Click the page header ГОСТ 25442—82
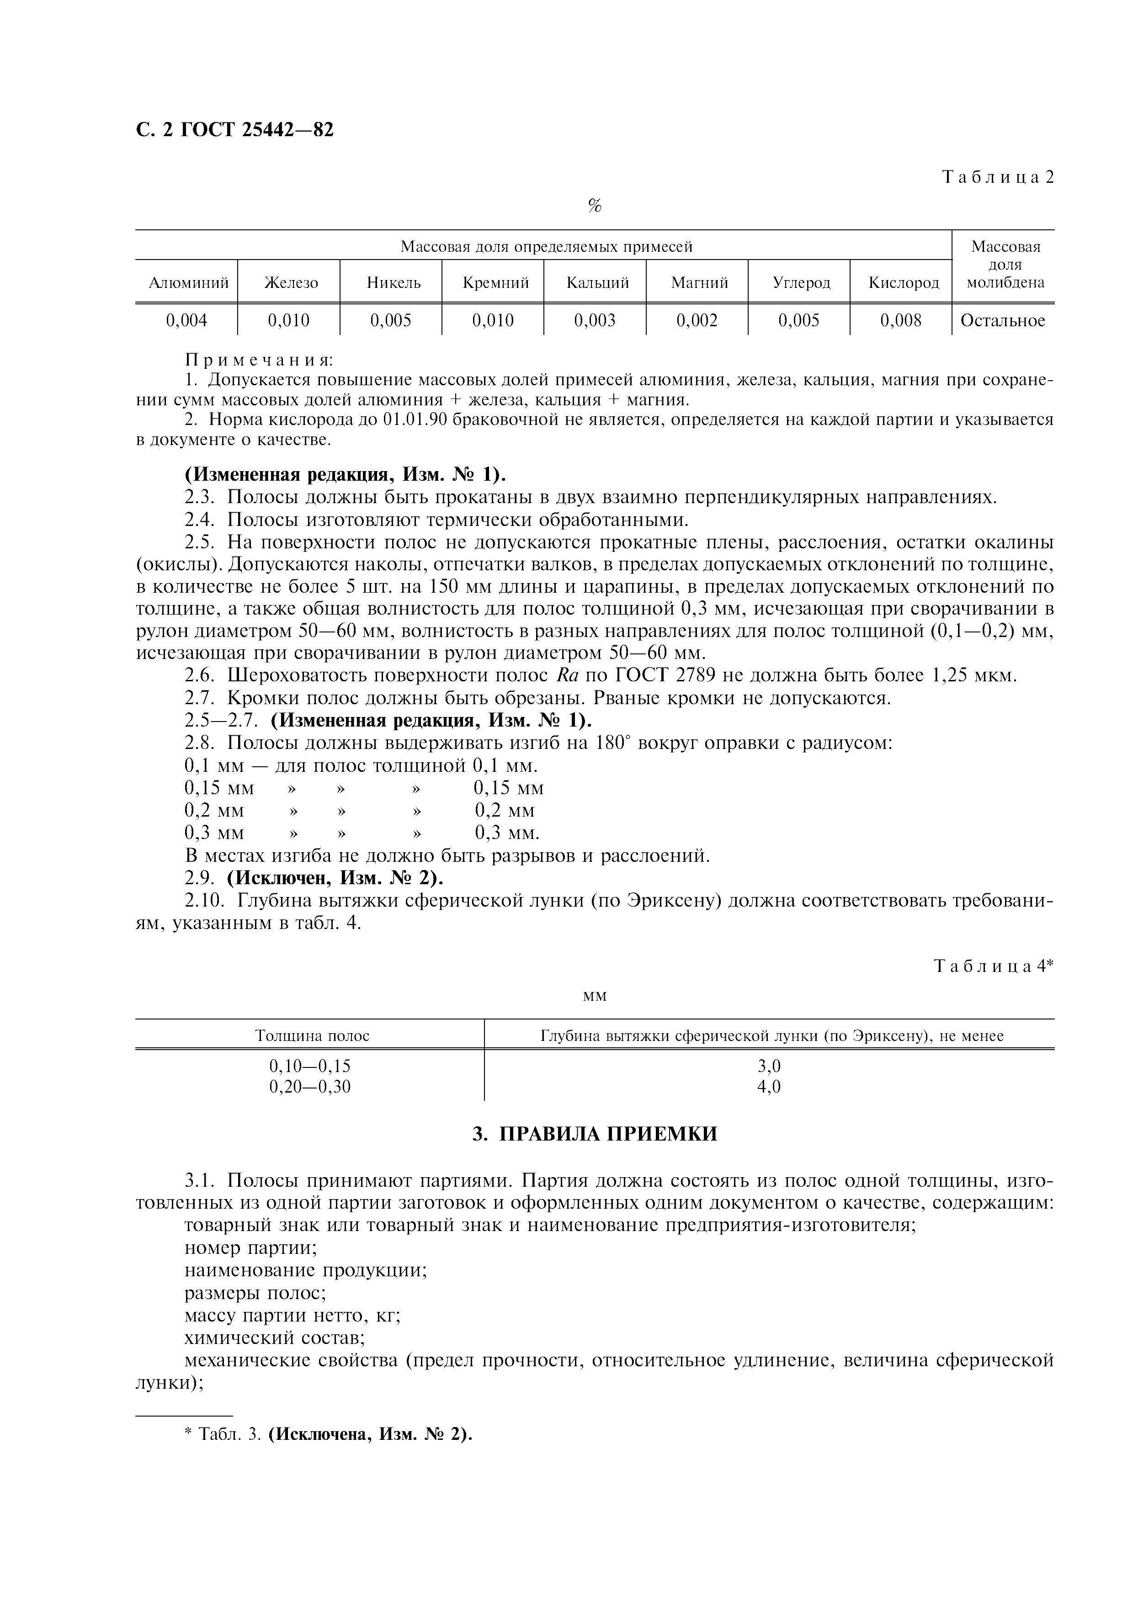(234, 130)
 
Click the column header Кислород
(903, 283)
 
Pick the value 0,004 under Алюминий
(186, 320)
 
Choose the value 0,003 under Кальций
(595, 320)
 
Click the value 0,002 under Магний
(697, 320)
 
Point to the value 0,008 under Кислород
(900, 320)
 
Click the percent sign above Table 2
(595, 206)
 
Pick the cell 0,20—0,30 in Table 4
(310, 1086)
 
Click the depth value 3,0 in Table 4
(769, 1066)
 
